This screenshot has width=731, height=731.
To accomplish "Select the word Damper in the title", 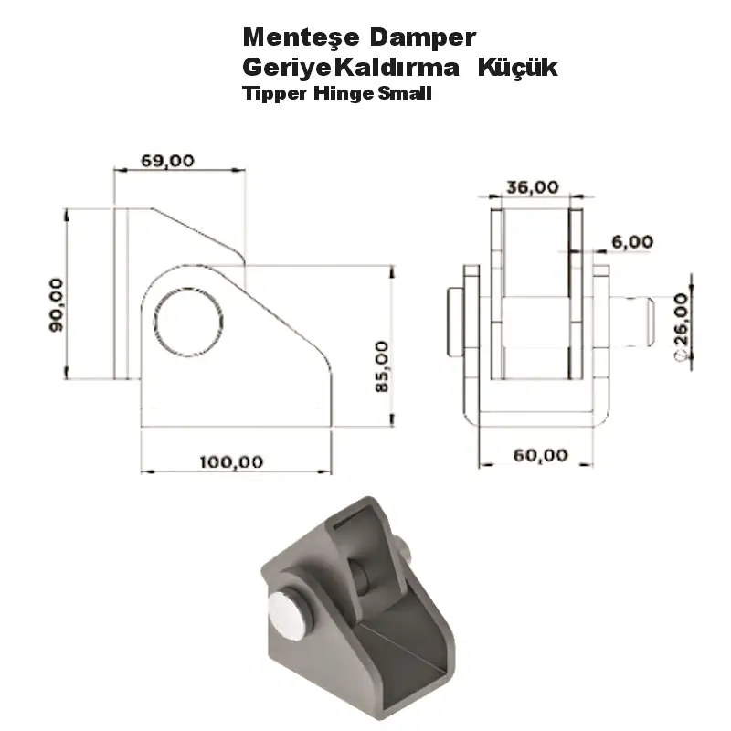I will (424, 38).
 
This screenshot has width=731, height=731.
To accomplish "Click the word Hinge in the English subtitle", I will (336, 92).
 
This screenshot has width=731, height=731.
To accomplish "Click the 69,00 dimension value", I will (167, 160).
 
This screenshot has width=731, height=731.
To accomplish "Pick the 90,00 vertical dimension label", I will (56, 304).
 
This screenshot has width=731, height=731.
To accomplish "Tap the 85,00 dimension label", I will (381, 366).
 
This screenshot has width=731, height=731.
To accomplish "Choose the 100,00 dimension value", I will (231, 461).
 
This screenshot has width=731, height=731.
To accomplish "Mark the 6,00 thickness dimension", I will (632, 242).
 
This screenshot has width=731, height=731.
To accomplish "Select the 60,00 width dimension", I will (540, 455).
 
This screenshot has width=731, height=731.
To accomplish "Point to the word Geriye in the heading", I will (278, 68).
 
